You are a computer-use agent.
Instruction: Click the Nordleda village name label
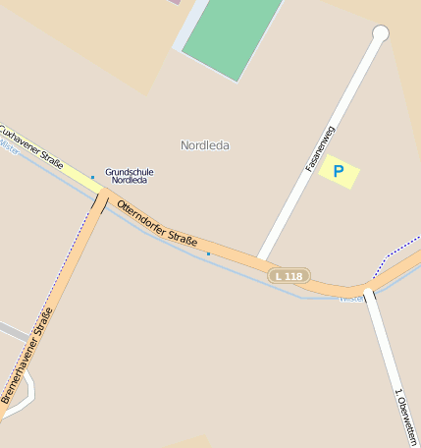205,145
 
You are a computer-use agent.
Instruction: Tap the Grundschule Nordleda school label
130,177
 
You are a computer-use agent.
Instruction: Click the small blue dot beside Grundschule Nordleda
93,178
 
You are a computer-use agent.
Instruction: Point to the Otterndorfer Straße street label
157,223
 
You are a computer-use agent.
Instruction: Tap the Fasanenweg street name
321,148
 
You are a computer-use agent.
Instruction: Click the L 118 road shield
289,276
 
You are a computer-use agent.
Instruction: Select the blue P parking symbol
339,172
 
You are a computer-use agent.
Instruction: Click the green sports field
232,35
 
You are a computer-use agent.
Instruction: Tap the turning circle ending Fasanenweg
381,34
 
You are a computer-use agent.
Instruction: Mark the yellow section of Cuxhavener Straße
79,177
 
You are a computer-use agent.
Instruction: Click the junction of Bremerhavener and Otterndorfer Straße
102,196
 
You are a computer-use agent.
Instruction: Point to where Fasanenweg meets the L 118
262,259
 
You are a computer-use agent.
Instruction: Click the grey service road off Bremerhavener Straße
12,331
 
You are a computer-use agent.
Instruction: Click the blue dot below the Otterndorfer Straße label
208,253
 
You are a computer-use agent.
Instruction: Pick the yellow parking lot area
339,172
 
